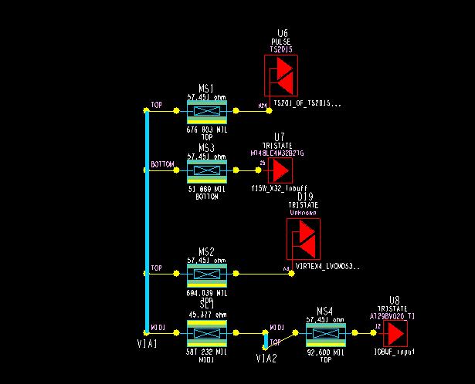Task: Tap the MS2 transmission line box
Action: [206, 274]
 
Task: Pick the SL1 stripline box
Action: [206, 332]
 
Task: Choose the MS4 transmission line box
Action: [324, 334]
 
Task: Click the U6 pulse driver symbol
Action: [280, 76]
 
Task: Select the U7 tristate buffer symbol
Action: [280, 170]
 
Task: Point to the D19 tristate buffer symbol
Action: [303, 239]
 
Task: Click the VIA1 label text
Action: [146, 344]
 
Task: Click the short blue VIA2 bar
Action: [266, 340]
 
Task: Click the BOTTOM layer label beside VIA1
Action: [162, 164]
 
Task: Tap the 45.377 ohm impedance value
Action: [206, 315]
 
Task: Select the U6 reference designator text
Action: [283, 34]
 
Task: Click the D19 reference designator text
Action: [305, 197]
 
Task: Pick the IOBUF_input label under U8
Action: [394, 351]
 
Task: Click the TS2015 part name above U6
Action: [281, 49]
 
